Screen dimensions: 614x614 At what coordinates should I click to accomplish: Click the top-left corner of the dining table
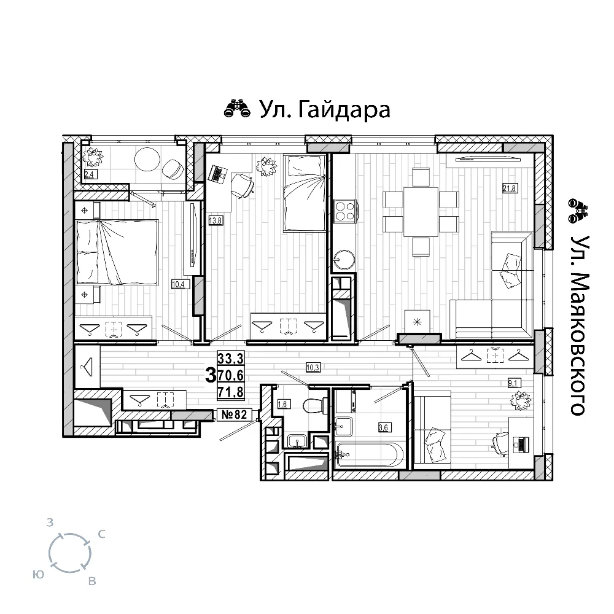click(404, 187)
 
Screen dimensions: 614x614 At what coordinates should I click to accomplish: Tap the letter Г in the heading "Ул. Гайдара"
click(306, 110)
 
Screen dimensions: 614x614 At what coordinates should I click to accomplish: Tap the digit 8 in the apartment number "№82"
click(237, 414)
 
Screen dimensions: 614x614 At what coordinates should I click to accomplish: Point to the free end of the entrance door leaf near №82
click(220, 440)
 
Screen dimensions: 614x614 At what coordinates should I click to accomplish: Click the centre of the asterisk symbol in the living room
click(418, 323)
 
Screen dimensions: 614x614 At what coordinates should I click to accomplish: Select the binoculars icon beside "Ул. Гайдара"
click(237, 109)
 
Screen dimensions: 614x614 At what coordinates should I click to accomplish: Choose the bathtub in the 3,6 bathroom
click(368, 454)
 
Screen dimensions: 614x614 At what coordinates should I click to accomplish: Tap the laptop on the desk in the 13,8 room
click(218, 174)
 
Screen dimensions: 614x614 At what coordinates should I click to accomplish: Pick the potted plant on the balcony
click(93, 157)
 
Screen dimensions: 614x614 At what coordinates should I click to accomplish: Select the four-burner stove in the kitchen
click(344, 211)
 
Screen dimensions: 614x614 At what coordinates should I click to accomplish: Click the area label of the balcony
click(90, 174)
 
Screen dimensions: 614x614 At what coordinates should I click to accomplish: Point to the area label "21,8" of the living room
click(510, 188)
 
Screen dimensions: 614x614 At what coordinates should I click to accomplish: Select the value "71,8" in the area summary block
click(231, 392)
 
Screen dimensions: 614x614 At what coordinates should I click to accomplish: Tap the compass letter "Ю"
click(38, 575)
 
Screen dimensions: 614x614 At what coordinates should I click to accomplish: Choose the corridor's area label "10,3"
click(313, 368)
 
